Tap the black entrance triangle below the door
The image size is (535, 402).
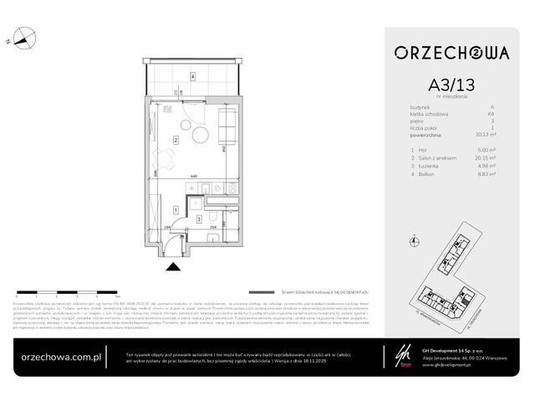173,266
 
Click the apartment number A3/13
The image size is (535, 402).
451,85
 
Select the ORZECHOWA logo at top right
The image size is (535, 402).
451,52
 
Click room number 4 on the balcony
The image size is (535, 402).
191,76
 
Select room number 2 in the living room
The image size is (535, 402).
175,139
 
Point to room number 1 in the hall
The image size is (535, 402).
175,209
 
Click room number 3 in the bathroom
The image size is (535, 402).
198,218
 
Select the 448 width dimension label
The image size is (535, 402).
191,177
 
